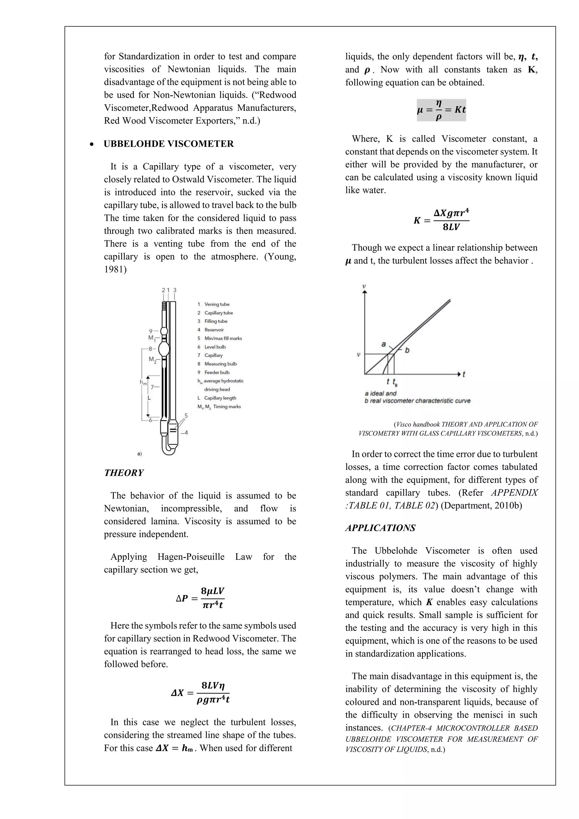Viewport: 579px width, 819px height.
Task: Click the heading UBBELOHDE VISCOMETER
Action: (x=168, y=144)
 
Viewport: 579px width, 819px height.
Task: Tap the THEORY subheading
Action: (x=124, y=473)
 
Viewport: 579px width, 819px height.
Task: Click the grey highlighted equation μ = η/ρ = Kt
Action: (x=441, y=110)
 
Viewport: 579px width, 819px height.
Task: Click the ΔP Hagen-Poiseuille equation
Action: (x=200, y=598)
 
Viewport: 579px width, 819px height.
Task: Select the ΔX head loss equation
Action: (x=200, y=692)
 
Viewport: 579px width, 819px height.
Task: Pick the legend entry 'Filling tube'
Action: (x=215, y=321)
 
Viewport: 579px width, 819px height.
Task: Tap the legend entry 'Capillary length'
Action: (x=220, y=398)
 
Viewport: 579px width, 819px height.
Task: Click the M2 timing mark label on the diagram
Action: (x=152, y=360)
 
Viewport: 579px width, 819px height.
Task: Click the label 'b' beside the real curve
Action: (x=407, y=350)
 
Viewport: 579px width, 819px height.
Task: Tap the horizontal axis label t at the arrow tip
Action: (x=464, y=374)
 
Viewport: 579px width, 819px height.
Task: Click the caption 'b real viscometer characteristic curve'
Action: (x=417, y=401)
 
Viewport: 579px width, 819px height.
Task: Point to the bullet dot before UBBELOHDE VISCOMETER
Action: (x=92, y=144)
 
